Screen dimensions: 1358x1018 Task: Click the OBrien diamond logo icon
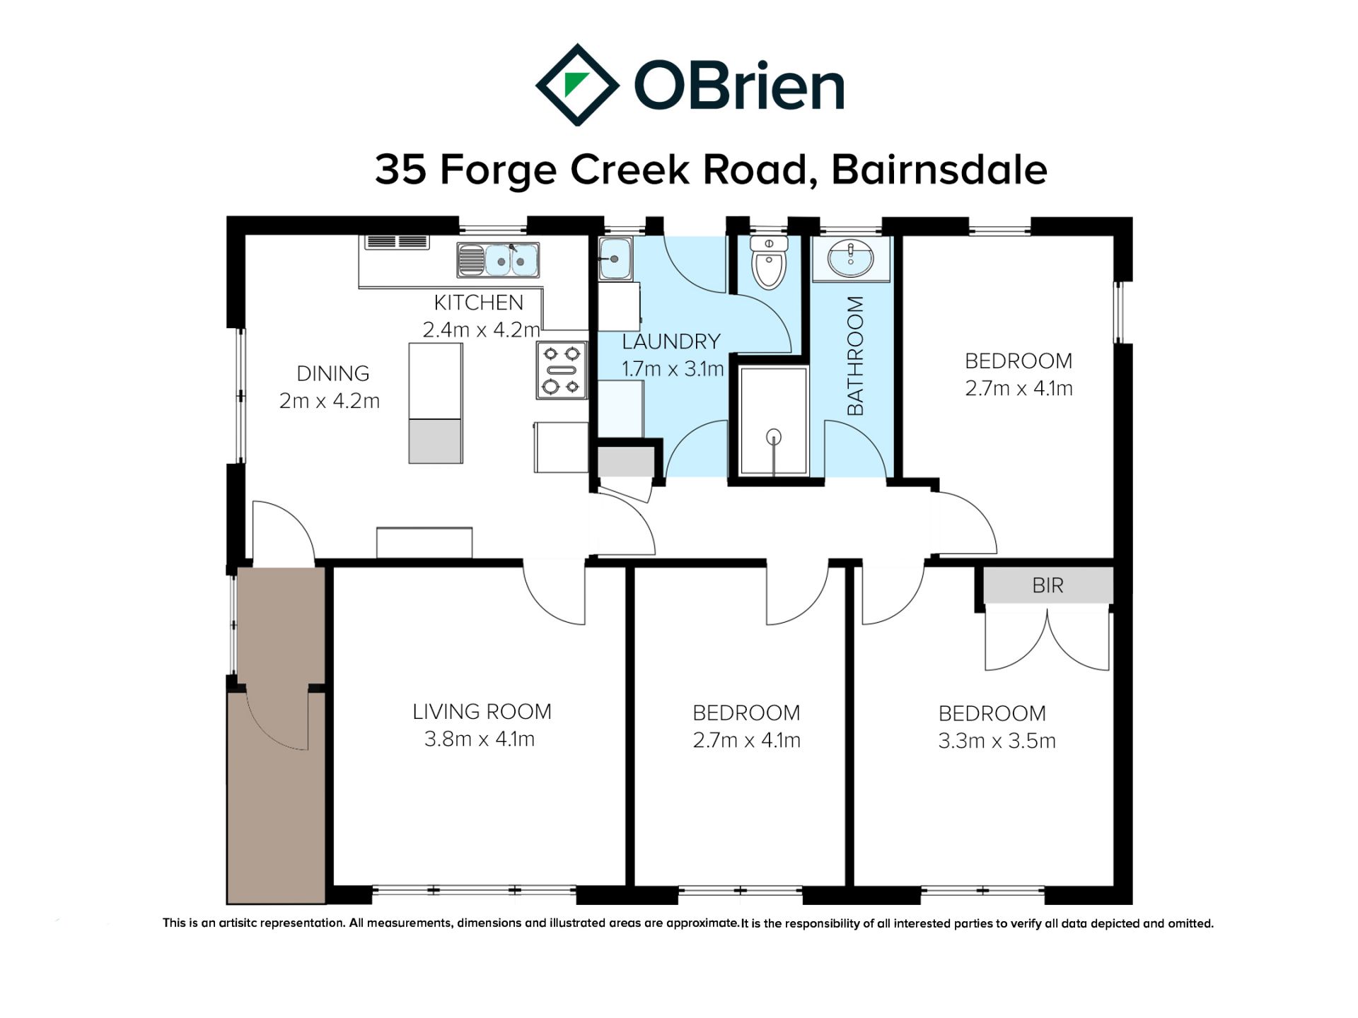click(x=577, y=85)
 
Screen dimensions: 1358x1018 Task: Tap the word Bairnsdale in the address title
click(x=939, y=170)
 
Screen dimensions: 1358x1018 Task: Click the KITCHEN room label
click(x=478, y=303)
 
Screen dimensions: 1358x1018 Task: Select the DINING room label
click(x=332, y=373)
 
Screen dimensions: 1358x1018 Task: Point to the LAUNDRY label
click(x=671, y=341)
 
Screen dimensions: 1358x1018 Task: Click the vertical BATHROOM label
click(x=855, y=356)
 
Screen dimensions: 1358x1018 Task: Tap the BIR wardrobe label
click(x=1047, y=585)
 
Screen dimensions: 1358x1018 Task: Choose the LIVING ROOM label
click(x=482, y=711)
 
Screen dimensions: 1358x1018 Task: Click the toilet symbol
click(x=769, y=262)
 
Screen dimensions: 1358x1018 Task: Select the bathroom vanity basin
click(x=850, y=259)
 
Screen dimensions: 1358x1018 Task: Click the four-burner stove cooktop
click(x=562, y=370)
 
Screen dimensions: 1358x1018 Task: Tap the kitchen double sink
click(x=498, y=260)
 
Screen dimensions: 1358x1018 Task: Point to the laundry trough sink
click(x=615, y=258)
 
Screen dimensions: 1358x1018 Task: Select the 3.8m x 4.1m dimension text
click(x=480, y=739)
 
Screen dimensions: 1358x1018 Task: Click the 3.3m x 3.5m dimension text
click(x=997, y=741)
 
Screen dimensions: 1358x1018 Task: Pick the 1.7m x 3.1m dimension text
click(x=673, y=369)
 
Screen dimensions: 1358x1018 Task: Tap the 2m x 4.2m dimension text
click(x=330, y=401)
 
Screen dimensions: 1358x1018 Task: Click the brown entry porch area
click(x=277, y=735)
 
